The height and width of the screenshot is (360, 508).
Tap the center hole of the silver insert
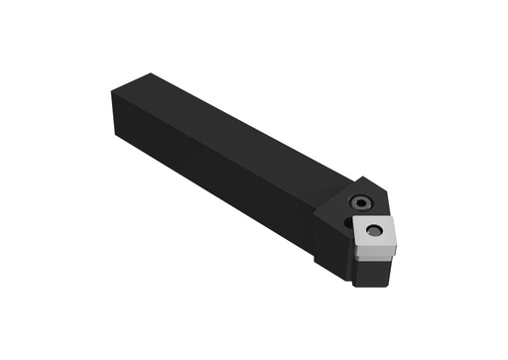coord(374,231)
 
